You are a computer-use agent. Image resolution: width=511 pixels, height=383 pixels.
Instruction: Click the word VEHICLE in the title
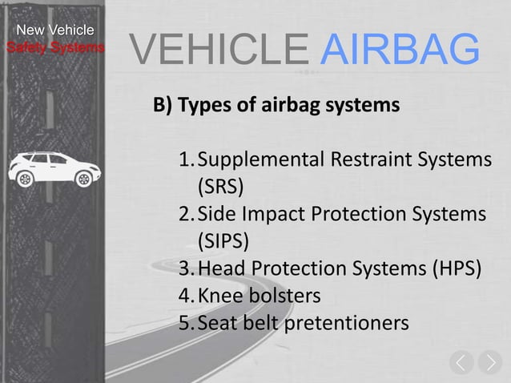217,50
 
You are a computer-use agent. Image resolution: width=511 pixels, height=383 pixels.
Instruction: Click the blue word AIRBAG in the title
400,50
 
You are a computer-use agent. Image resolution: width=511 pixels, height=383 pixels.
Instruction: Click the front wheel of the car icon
84,179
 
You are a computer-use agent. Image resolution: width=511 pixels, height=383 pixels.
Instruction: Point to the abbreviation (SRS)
221,187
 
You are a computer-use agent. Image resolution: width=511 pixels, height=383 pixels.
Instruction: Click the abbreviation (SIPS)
223,241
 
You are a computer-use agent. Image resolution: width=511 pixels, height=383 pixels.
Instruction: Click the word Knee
220,296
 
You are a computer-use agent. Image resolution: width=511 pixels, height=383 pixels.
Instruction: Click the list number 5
185,323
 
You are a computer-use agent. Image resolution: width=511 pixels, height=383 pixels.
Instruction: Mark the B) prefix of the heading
163,105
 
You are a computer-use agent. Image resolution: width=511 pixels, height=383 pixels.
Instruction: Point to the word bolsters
282,296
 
